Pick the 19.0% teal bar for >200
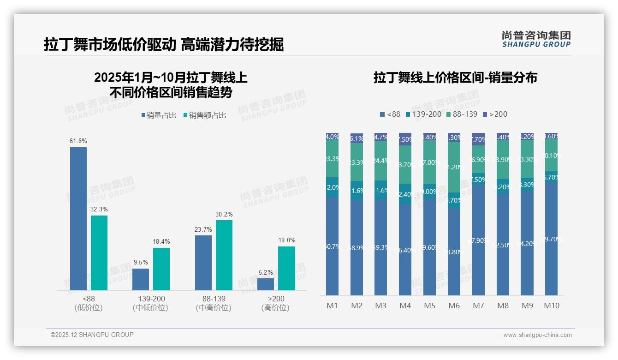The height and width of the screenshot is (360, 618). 286,268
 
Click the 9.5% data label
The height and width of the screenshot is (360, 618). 141,262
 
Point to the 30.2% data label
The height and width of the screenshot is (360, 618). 224,214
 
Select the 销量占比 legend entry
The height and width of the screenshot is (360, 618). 159,115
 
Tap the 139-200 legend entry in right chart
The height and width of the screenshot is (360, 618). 423,114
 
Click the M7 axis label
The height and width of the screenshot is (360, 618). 478,306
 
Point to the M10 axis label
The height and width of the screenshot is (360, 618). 551,306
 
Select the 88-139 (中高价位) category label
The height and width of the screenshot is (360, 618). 214,303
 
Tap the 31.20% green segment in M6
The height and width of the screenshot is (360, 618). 454,167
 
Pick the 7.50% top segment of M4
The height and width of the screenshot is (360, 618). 405,139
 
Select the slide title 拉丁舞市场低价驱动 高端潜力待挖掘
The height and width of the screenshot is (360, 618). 164,44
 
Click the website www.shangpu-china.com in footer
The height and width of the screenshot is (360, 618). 537,335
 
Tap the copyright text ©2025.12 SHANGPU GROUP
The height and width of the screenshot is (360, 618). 92,335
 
